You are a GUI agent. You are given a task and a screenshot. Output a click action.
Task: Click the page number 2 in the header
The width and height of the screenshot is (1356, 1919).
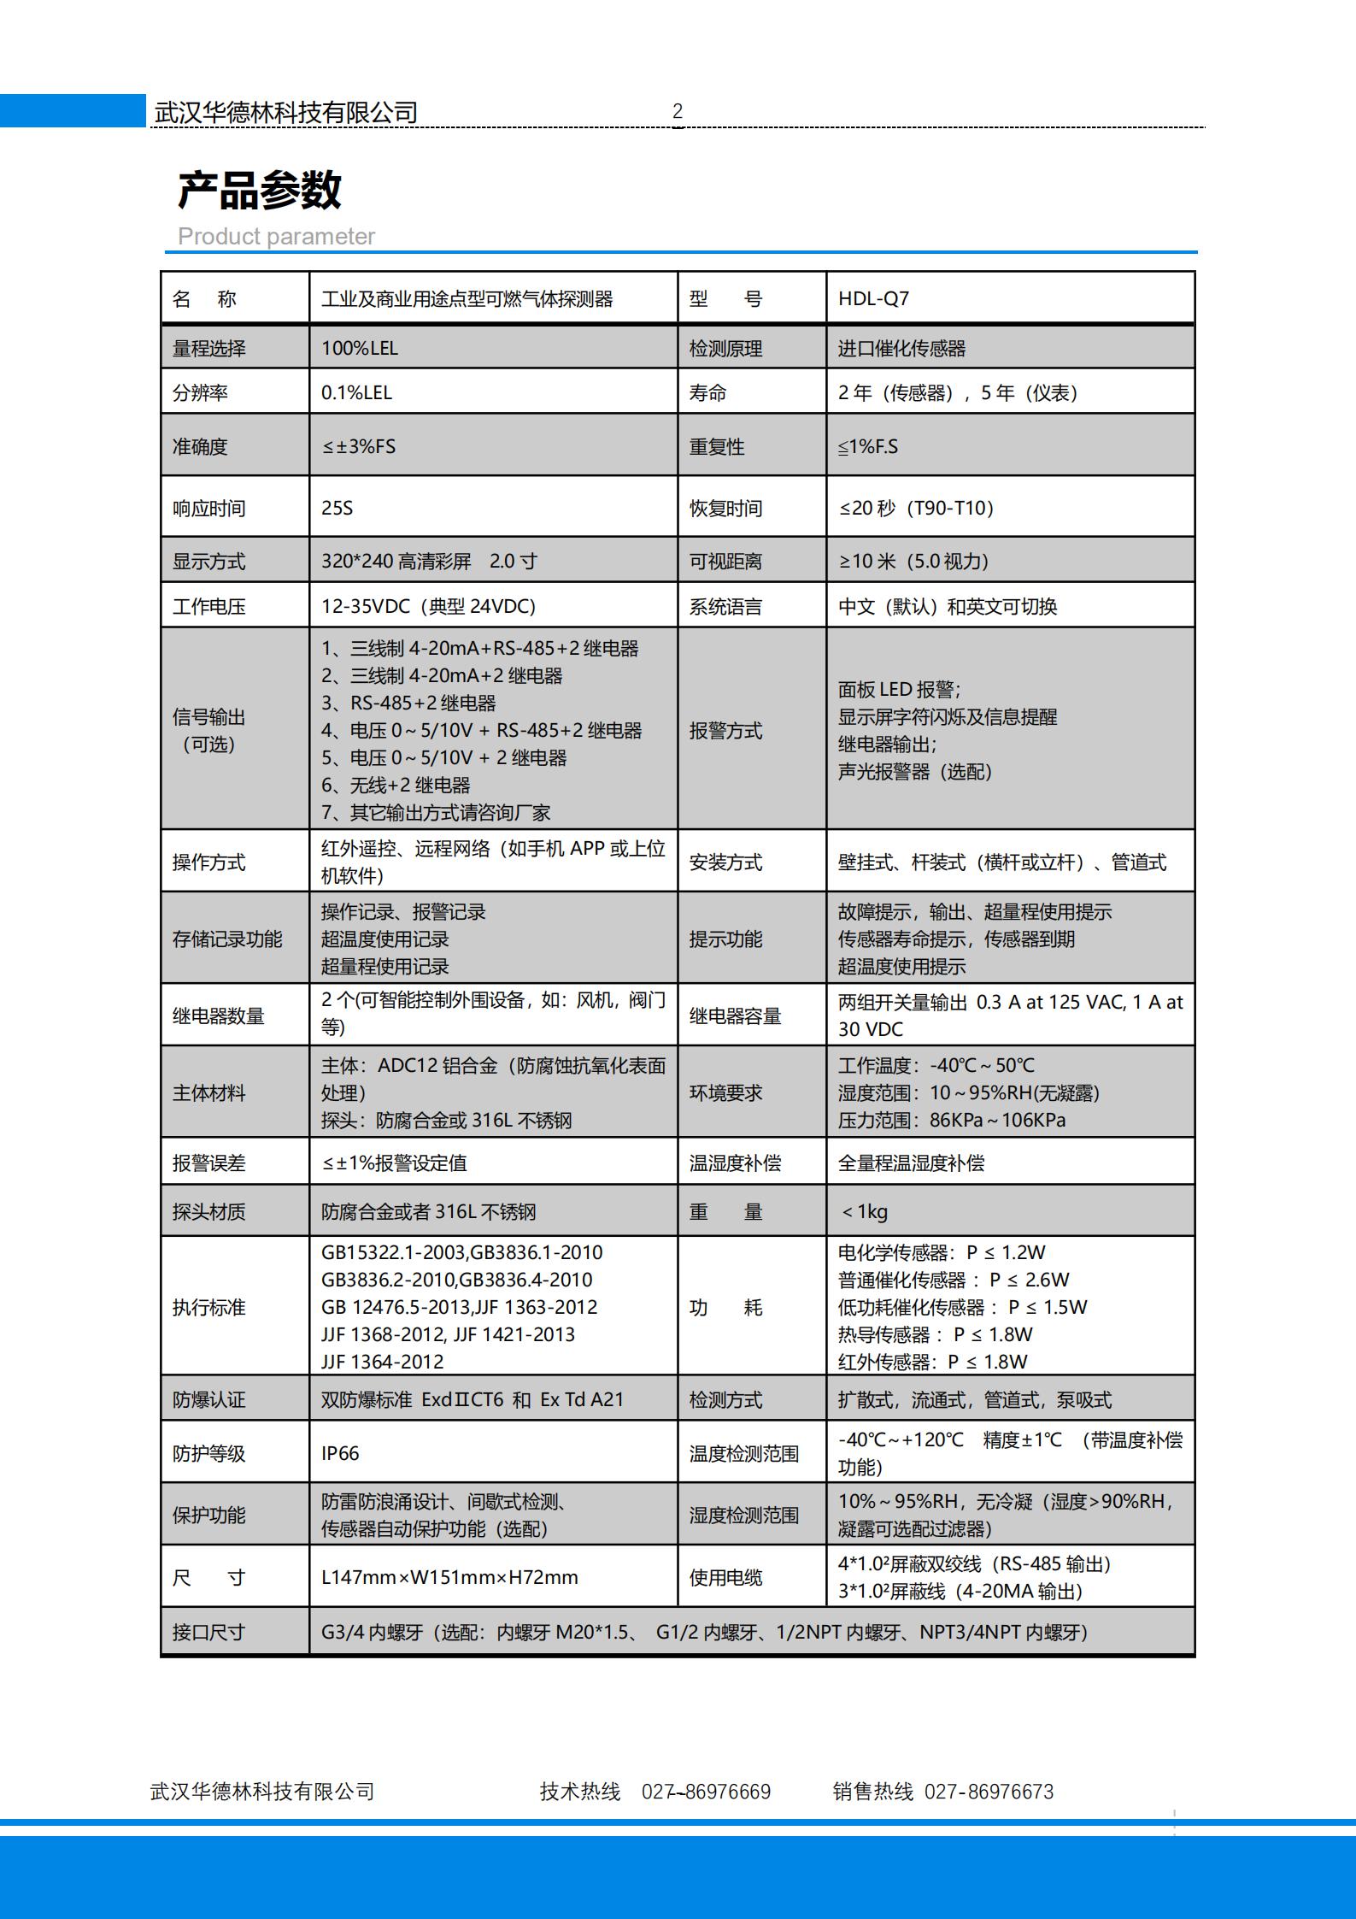click(x=678, y=111)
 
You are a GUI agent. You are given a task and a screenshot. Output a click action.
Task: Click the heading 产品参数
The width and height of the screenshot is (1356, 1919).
click(x=259, y=190)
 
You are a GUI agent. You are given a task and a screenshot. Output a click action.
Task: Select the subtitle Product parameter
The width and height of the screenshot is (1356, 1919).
click(x=276, y=237)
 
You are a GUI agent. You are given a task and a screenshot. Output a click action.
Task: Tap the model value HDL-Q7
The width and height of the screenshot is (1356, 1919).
click(x=873, y=299)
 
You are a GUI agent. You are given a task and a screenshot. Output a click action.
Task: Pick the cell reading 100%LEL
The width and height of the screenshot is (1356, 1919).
click(x=359, y=349)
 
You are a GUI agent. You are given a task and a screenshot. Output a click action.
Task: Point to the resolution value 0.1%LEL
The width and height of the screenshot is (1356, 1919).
click(x=356, y=393)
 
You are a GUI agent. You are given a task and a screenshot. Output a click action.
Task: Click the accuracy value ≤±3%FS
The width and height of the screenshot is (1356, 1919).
click(x=358, y=446)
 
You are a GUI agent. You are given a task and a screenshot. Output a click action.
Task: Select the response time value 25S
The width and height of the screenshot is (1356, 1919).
click(x=337, y=509)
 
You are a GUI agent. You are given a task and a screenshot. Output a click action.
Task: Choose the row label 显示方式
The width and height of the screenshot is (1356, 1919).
click(x=208, y=562)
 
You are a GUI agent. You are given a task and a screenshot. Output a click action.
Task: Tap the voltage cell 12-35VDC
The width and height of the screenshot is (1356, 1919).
click(x=428, y=607)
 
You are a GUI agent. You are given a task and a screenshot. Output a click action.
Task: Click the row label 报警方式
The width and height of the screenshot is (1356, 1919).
click(x=725, y=731)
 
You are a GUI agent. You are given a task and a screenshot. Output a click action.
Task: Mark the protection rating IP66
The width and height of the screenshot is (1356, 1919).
click(x=340, y=1453)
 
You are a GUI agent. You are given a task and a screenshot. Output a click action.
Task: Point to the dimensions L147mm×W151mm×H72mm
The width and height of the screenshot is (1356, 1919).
click(x=449, y=1577)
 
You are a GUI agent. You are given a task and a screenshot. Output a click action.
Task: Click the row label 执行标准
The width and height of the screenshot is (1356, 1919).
click(x=208, y=1308)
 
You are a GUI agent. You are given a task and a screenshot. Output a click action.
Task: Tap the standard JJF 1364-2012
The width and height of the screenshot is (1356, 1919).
click(x=382, y=1362)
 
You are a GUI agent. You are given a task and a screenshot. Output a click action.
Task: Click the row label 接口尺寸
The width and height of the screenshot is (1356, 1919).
click(x=208, y=1633)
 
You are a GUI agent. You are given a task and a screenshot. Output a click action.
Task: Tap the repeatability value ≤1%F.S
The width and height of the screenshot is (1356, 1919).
click(x=868, y=446)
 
